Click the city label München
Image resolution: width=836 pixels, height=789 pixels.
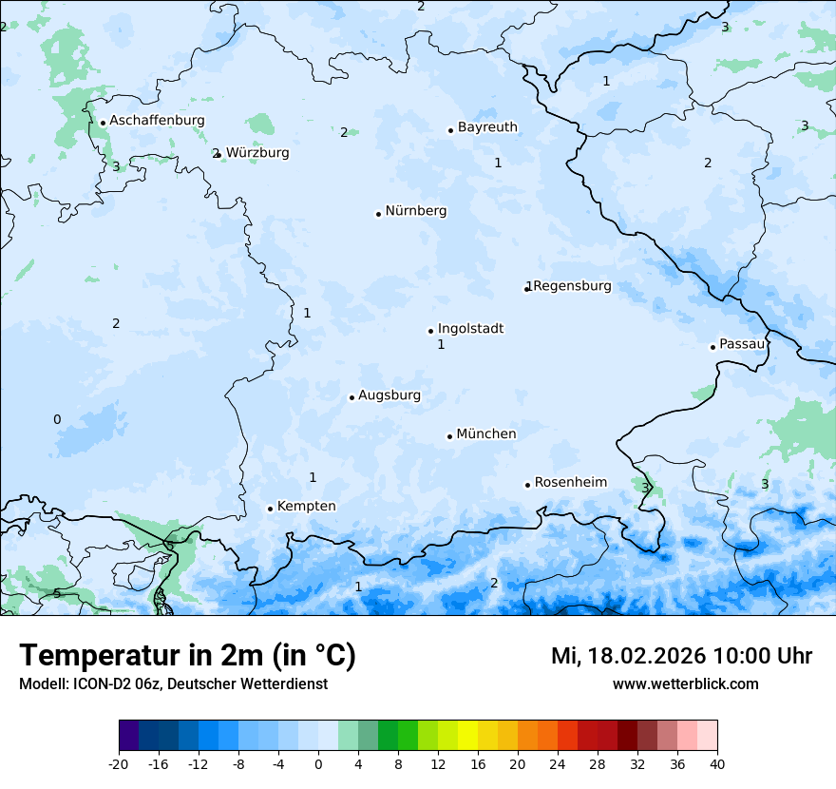tap(486, 434)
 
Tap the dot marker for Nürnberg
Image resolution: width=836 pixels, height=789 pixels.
tap(378, 214)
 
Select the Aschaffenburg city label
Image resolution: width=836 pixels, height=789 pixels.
tap(157, 121)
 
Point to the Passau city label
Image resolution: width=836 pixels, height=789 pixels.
tap(742, 344)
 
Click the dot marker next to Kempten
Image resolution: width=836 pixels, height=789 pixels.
tap(270, 509)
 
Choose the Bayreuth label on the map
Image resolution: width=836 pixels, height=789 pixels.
tap(487, 127)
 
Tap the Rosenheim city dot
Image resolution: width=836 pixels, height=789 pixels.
tap(527, 485)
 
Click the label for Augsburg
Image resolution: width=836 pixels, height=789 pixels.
tap(389, 395)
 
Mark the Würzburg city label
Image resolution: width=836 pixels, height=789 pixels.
tap(257, 153)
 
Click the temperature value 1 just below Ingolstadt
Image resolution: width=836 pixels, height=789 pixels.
tap(441, 345)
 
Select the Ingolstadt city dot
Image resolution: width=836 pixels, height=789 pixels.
tap(430, 332)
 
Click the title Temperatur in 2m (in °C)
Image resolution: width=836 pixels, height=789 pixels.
tap(187, 656)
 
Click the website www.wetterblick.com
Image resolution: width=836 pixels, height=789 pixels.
tap(685, 684)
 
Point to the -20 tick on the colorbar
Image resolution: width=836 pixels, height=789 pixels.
tap(119, 763)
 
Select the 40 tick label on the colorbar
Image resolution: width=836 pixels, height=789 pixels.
tap(717, 763)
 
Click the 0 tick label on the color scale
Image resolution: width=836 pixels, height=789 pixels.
tap(318, 763)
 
